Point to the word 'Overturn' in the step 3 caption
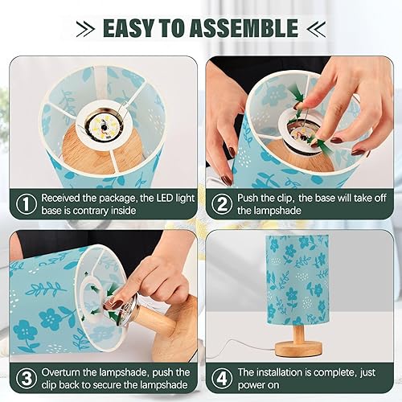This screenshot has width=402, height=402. pyautogui.click(x=68, y=372)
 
